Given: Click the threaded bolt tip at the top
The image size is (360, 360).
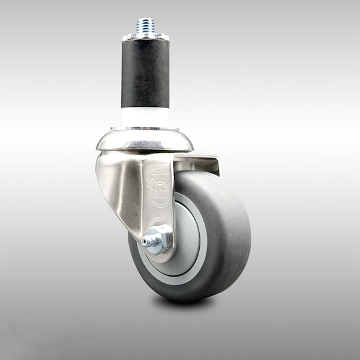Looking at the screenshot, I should click(145, 25).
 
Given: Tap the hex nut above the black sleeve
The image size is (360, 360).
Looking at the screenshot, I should click(145, 37).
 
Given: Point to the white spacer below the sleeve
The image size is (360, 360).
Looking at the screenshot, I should click(145, 116).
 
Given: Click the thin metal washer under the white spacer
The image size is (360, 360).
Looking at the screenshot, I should click(145, 128).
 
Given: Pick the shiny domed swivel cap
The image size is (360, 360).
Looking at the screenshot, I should click(145, 141).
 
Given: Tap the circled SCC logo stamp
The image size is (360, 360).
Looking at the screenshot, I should click(160, 195).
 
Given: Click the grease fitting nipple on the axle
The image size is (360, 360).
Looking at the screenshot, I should click(145, 242).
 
